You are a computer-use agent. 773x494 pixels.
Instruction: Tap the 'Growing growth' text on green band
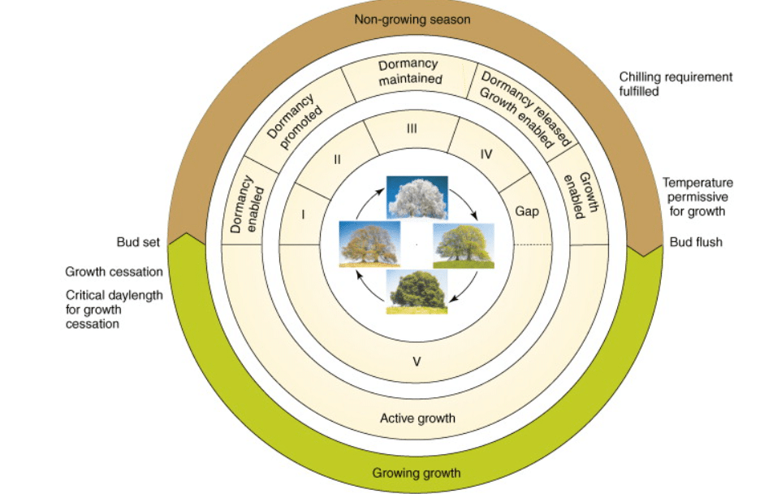[417, 472]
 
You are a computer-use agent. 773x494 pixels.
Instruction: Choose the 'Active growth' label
[417, 418]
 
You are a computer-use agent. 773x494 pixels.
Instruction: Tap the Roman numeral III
[412, 128]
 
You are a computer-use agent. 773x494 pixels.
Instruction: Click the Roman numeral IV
[486, 154]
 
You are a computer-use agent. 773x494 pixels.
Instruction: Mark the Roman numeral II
[336, 159]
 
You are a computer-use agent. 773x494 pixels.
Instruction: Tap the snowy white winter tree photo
[417, 197]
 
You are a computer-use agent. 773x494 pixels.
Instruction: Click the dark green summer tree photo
[417, 291]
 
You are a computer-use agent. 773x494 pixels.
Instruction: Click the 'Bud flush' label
[695, 242]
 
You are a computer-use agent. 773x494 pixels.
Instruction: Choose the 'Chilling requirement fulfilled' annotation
[676, 84]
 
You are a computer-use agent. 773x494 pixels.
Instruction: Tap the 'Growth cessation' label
[114, 271]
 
